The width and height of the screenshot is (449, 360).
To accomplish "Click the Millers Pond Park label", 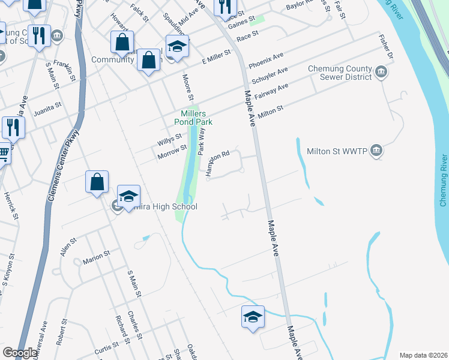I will pos(193,118).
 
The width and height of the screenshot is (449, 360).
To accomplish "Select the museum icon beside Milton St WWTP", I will pos(376,150).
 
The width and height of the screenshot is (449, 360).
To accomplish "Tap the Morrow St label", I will pos(172,151).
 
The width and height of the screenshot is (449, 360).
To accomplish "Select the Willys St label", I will pos(170,140).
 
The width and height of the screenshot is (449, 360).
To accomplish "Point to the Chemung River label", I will pos(444,180).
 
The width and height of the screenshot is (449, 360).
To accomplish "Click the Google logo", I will pos(20,353).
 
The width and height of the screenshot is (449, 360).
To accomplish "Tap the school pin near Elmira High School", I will pos(128,197).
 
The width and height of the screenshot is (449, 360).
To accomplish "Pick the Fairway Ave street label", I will pos(272,91).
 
